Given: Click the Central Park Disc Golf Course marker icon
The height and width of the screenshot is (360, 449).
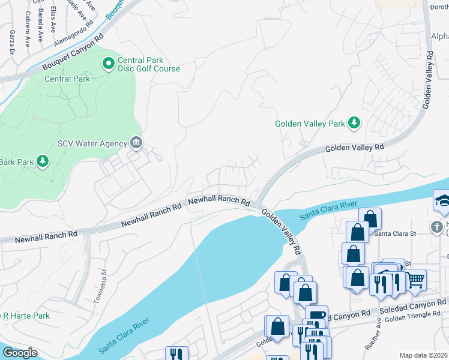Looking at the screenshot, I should [x=109, y=62].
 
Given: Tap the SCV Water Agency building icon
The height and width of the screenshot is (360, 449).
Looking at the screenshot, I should [x=136, y=143].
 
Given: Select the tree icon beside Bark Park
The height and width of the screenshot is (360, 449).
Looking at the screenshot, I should [x=42, y=161].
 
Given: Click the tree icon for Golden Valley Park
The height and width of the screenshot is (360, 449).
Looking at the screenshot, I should [x=354, y=123].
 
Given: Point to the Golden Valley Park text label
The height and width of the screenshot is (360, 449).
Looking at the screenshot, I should [x=310, y=124].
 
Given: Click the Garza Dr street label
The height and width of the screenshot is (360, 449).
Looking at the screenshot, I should [x=11, y=43].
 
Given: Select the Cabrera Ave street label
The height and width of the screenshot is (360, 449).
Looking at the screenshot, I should [x=27, y=34].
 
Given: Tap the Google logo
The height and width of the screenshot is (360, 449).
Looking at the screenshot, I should [x=20, y=353].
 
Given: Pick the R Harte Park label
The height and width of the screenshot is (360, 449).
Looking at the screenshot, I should [x=25, y=316].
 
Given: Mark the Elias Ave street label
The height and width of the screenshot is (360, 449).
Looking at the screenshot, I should [x=53, y=20].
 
